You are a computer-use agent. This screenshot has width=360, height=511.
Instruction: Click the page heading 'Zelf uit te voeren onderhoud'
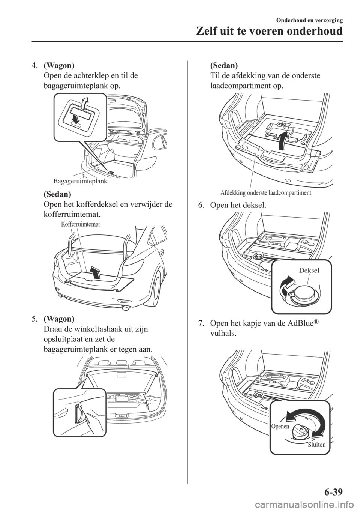(x=269, y=32)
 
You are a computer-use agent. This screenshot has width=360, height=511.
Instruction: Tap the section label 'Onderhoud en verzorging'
(x=309, y=20)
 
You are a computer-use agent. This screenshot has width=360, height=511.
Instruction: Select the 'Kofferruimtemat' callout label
(x=81, y=224)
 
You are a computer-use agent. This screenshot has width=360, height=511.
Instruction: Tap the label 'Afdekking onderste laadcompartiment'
(x=265, y=193)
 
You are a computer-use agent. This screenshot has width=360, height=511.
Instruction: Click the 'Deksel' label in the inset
(x=309, y=271)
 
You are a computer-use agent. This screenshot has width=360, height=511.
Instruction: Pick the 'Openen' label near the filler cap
(x=280, y=426)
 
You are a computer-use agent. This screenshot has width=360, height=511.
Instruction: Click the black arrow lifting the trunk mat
(x=95, y=272)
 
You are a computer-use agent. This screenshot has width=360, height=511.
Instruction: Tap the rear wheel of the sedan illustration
(x=156, y=286)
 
